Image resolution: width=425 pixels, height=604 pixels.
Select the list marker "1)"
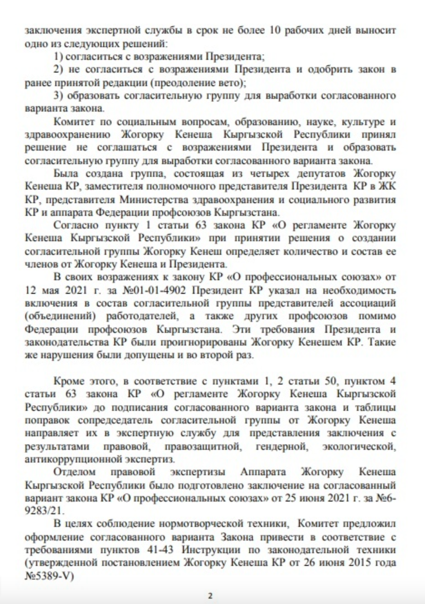point(58,57)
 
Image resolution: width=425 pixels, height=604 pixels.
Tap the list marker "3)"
point(58,96)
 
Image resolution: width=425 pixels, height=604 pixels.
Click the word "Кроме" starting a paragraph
point(67,380)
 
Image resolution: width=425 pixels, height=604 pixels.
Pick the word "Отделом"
point(74,472)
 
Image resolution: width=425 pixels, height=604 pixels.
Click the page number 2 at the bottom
point(210,596)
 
